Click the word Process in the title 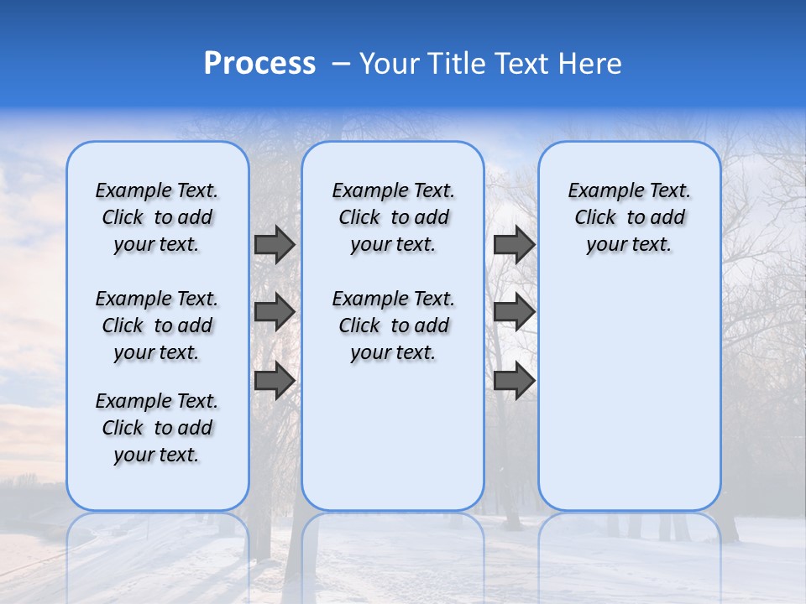click(259, 64)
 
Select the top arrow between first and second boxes click(275, 244)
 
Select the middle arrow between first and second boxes click(275, 312)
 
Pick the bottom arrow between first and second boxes click(275, 380)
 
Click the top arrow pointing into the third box click(514, 244)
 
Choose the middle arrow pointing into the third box click(514, 312)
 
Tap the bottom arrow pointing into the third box click(514, 380)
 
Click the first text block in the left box click(157, 217)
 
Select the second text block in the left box click(157, 325)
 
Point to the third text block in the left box click(157, 428)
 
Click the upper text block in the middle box click(393, 217)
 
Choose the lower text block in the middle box click(393, 325)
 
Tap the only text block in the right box click(629, 217)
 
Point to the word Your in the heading click(389, 64)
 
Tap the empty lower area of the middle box click(393, 436)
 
